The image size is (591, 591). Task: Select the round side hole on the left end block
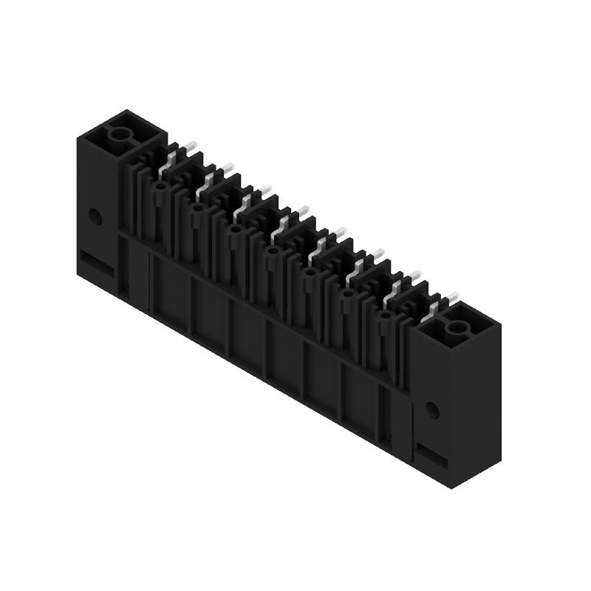pos(95,216)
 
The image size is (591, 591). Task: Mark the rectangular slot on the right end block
pos(433,453)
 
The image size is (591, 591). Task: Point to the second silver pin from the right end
pos(399,284)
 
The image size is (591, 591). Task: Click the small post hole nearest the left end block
pos(160,188)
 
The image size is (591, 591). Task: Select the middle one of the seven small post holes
pos(273,252)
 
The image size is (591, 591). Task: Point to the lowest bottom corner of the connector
pos(451,488)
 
